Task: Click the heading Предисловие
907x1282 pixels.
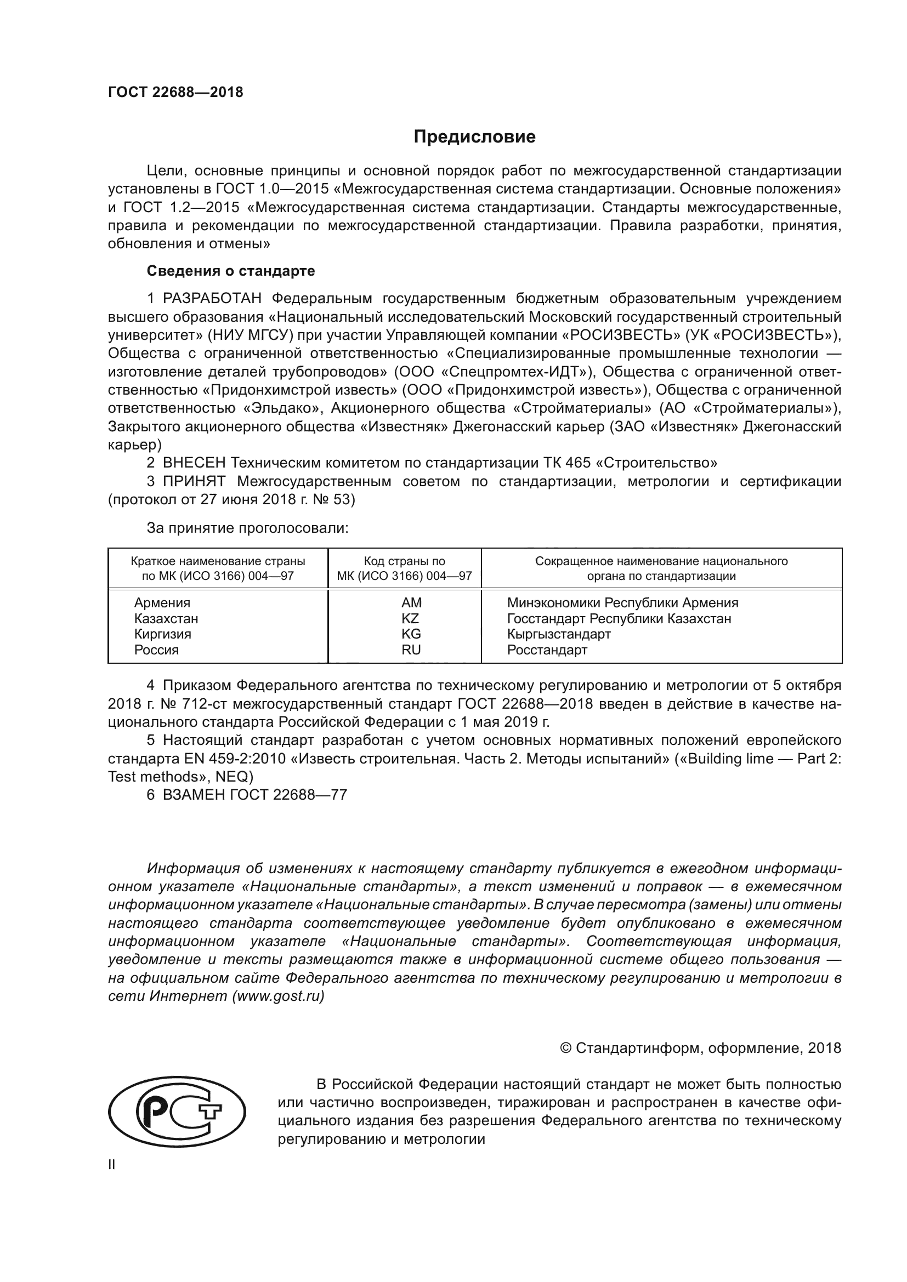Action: coord(474,137)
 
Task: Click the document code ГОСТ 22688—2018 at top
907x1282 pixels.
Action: coord(175,93)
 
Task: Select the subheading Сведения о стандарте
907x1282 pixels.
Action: coord(231,271)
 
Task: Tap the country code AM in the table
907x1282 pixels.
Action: coord(411,603)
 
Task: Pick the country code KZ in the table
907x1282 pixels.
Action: coord(410,619)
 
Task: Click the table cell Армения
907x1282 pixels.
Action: coord(162,603)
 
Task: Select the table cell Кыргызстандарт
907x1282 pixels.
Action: coord(558,634)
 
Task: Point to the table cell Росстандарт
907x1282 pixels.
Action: coord(547,650)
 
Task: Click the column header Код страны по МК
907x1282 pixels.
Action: coord(404,568)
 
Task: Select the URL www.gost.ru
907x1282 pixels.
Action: coord(277,996)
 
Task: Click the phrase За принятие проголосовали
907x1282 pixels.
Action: coord(247,528)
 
